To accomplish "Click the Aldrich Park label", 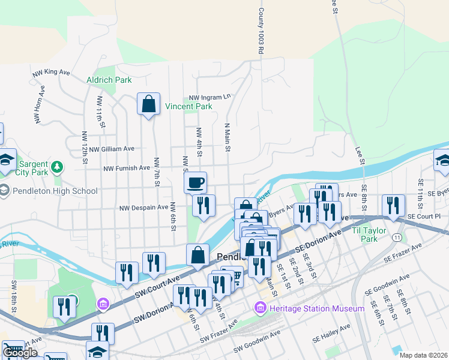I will [x=109, y=79].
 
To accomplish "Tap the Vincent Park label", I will [x=188, y=107].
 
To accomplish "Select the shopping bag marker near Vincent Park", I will [x=148, y=104].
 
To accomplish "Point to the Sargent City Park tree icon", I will [x=57, y=167].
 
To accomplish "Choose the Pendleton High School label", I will [x=54, y=191].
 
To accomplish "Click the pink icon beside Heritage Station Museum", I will [x=261, y=308].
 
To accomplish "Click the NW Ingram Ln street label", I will [x=210, y=97].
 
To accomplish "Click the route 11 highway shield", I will [x=397, y=238].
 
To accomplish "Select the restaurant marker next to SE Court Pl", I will [x=393, y=205].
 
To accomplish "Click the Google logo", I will [x=20, y=353].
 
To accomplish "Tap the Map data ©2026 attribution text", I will [x=423, y=355].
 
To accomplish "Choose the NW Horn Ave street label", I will [x=40, y=105].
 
